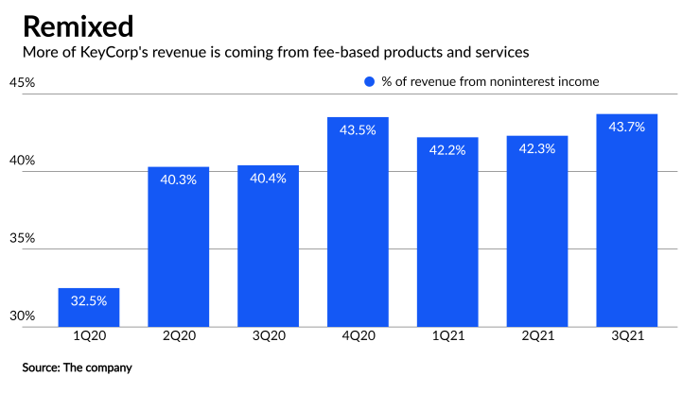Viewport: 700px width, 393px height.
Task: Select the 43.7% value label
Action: coord(627,127)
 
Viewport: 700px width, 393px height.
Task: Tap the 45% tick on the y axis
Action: coord(22,82)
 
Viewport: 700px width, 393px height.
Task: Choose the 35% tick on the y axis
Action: coord(22,238)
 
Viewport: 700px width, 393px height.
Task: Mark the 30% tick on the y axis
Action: coord(22,316)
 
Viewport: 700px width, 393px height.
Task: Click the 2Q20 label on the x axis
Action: coord(178,337)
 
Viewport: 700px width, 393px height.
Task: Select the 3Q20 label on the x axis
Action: coord(268,337)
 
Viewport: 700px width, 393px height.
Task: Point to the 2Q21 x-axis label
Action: coord(537,337)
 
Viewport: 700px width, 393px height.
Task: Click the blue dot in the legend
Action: coord(369,82)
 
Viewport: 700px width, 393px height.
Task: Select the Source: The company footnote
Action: coord(78,367)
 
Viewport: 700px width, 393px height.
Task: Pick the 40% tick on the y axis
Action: coord(22,161)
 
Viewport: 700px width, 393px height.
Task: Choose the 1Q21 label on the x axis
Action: coord(447,337)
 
